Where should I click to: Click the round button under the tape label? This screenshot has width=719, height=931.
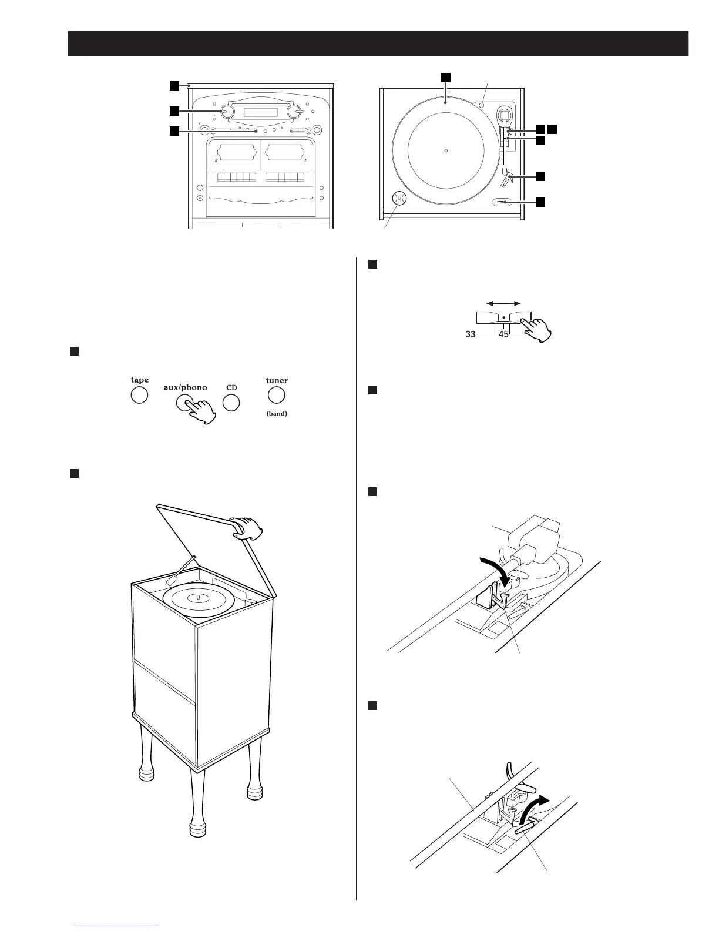coord(139,395)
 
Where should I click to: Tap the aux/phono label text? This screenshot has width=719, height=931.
coord(185,387)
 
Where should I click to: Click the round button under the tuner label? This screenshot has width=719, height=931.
coord(276,395)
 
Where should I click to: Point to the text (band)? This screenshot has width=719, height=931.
coord(277,413)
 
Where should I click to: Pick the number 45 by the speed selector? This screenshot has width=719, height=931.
coord(503,334)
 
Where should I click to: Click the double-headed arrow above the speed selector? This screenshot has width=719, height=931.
coord(504,303)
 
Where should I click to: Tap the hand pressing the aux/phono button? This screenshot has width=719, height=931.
coord(203,410)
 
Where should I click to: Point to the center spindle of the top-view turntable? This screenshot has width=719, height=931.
coord(446,150)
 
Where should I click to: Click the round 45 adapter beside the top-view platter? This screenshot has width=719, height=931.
coord(398,198)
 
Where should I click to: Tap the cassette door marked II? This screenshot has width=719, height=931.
coord(234,154)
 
